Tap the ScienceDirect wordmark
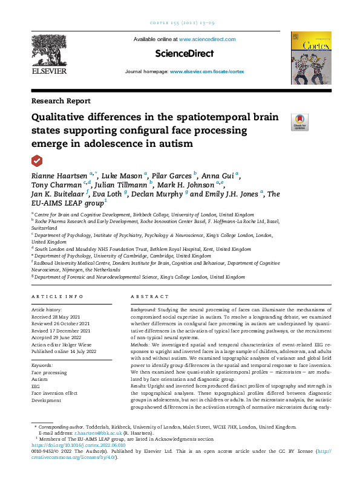(185, 54)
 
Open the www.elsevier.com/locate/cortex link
(206, 71)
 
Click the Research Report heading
(61, 101)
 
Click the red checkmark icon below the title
(37, 160)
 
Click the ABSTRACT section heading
(150, 297)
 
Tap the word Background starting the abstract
(144, 309)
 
